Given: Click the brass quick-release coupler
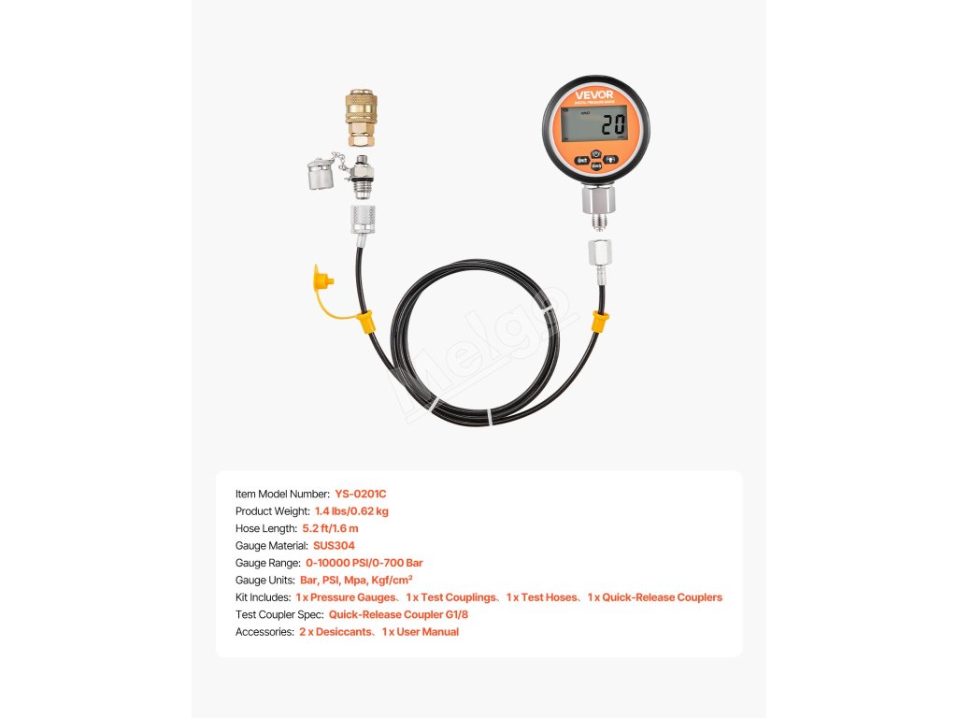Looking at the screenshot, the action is pos(360,118).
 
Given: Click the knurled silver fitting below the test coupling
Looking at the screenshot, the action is pos(360,221).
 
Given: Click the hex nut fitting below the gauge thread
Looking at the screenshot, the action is pos(597,253).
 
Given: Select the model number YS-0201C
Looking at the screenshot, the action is pos(360,494).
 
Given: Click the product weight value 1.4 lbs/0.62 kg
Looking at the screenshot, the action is pos(351,511).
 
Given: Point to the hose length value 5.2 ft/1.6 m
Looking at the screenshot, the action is pos(330,528).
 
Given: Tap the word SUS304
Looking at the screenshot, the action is pos(334,546).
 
